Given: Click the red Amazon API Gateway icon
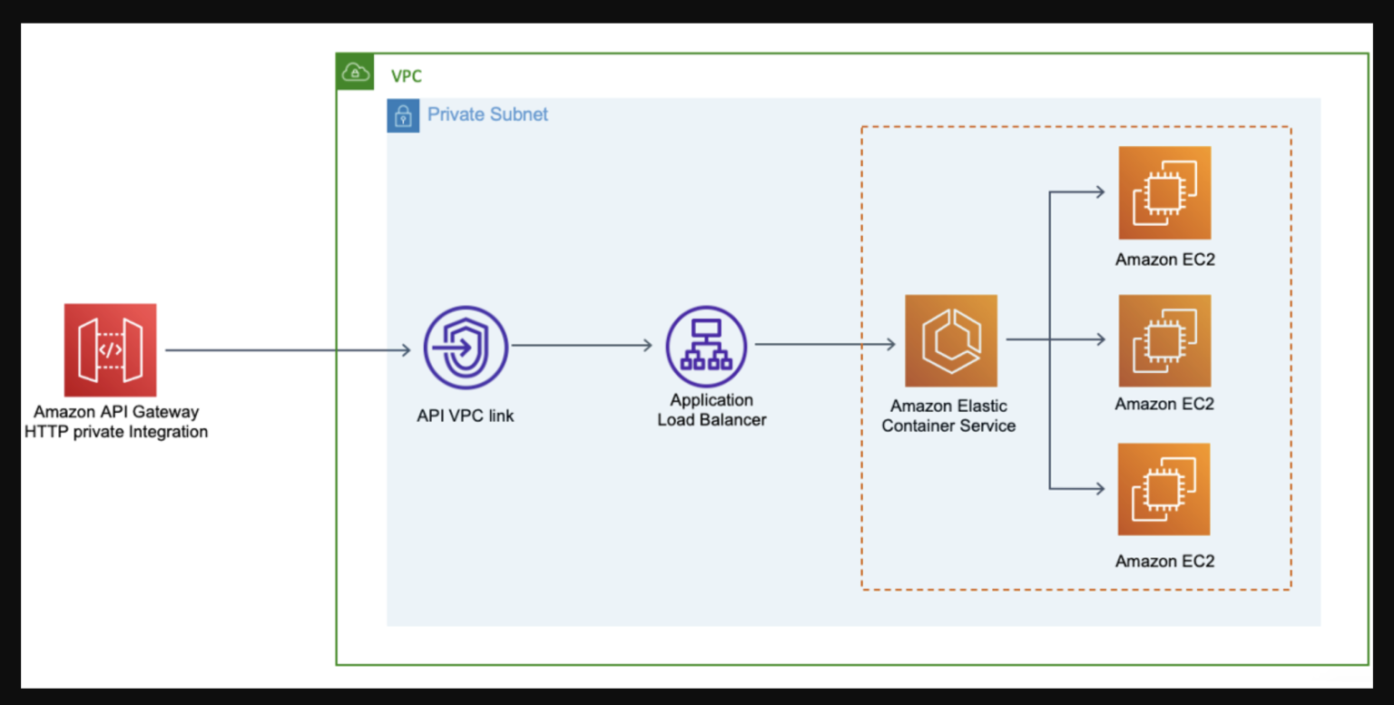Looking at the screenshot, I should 110,350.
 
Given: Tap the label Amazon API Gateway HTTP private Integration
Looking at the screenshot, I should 116,422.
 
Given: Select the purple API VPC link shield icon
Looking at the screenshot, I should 466,348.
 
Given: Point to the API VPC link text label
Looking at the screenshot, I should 465,416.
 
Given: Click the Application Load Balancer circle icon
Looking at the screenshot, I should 706,346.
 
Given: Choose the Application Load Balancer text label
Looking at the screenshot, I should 712,410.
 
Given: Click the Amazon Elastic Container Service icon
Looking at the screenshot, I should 951,341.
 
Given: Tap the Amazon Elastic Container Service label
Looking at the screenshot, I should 948,416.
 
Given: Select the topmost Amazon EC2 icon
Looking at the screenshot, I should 1164,192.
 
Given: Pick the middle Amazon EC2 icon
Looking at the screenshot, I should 1164,341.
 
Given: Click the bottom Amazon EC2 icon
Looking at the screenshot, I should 1164,489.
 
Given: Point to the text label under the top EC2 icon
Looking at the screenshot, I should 1164,259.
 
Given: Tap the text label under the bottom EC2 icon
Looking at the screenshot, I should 1164,561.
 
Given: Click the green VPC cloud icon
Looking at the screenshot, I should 355,72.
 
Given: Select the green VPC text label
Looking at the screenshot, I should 406,76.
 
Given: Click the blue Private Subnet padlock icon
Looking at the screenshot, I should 403,116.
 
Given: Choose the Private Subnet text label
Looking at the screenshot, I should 487,114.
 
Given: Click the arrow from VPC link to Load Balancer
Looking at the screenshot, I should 581,346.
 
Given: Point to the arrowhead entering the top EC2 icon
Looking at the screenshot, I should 1099,192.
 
